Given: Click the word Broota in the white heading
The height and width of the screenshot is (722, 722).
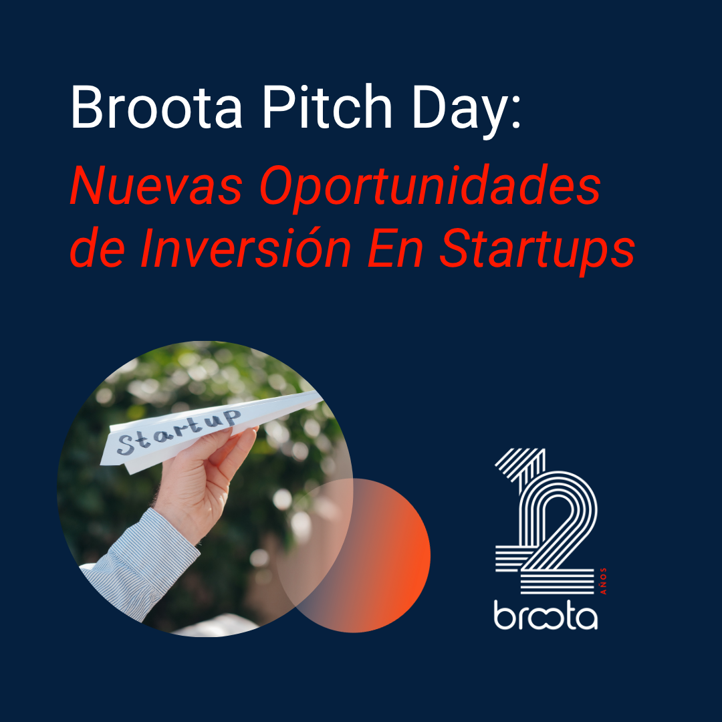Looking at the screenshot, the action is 156,107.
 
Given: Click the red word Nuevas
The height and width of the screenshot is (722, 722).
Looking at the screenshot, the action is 156,185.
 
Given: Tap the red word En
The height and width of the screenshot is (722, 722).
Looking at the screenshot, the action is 396,249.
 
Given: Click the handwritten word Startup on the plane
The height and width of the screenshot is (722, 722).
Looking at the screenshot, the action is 178,433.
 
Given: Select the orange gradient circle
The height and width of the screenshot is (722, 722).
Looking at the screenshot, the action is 368,556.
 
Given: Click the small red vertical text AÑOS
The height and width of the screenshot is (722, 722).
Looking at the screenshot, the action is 603,581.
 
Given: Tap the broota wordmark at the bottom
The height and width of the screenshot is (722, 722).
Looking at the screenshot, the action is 546,615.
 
